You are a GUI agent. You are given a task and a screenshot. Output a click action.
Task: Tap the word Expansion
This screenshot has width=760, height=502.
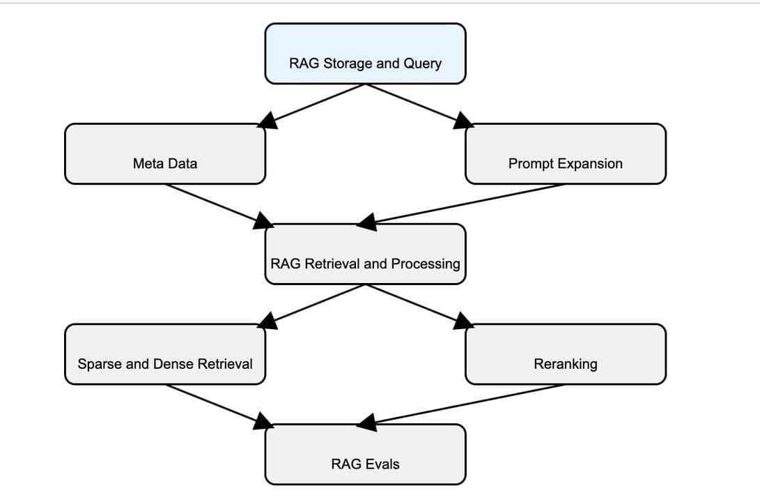coord(592,164)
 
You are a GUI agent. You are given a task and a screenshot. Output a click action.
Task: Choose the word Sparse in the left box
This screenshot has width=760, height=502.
coord(96,364)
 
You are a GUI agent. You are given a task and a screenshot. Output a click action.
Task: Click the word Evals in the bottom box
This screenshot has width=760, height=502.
coord(383,464)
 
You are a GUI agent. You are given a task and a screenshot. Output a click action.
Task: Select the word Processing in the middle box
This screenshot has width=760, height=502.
coord(426,264)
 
